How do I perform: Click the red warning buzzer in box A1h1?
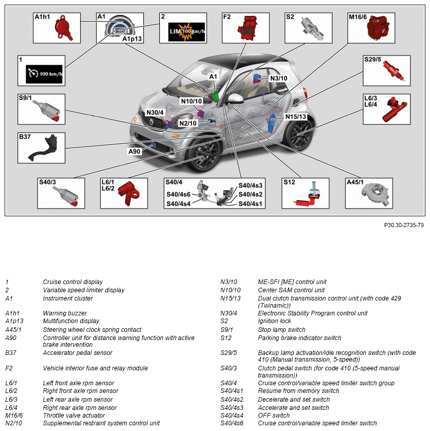[64, 28]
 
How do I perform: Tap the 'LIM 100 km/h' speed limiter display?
[187, 32]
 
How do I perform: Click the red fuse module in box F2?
[250, 28]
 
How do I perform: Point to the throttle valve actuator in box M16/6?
[380, 30]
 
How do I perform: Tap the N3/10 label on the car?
[278, 78]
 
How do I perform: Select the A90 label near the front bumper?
[135, 151]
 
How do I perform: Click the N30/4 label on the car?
[155, 113]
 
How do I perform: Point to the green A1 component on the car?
[216, 96]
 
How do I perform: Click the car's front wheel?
[204, 154]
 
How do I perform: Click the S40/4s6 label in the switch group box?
[178, 195]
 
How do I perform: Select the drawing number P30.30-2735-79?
[404, 225]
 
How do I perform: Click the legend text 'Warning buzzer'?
[65, 313]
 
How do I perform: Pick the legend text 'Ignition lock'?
[275, 321]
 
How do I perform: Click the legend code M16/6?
[14, 415]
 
